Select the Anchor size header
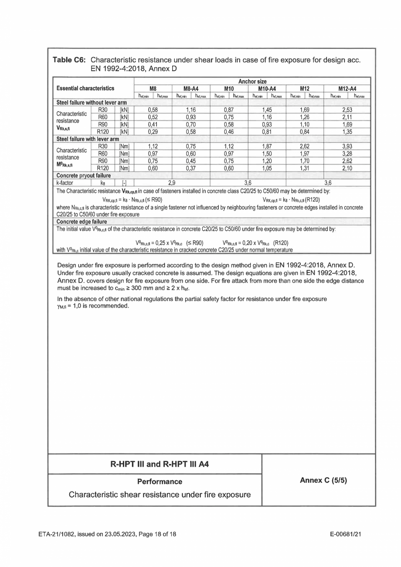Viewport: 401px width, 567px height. point(255,81)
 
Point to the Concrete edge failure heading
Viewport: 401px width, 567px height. point(76,221)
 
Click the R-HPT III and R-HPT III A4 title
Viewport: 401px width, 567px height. point(160,463)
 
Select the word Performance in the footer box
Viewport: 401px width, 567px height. point(160,482)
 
